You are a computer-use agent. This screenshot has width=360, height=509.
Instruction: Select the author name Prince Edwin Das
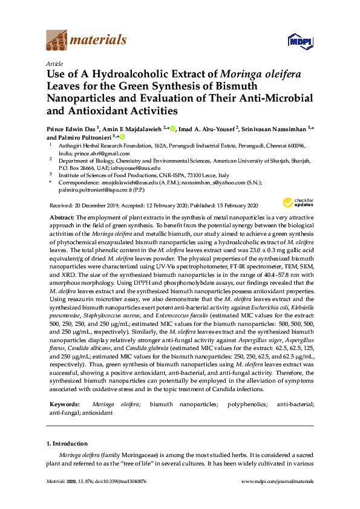(71, 129)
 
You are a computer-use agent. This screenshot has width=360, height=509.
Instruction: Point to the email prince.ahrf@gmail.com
(98, 153)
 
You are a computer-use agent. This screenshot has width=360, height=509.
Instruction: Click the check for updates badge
(296, 203)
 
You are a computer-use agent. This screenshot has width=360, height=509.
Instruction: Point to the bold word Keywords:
(64, 403)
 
